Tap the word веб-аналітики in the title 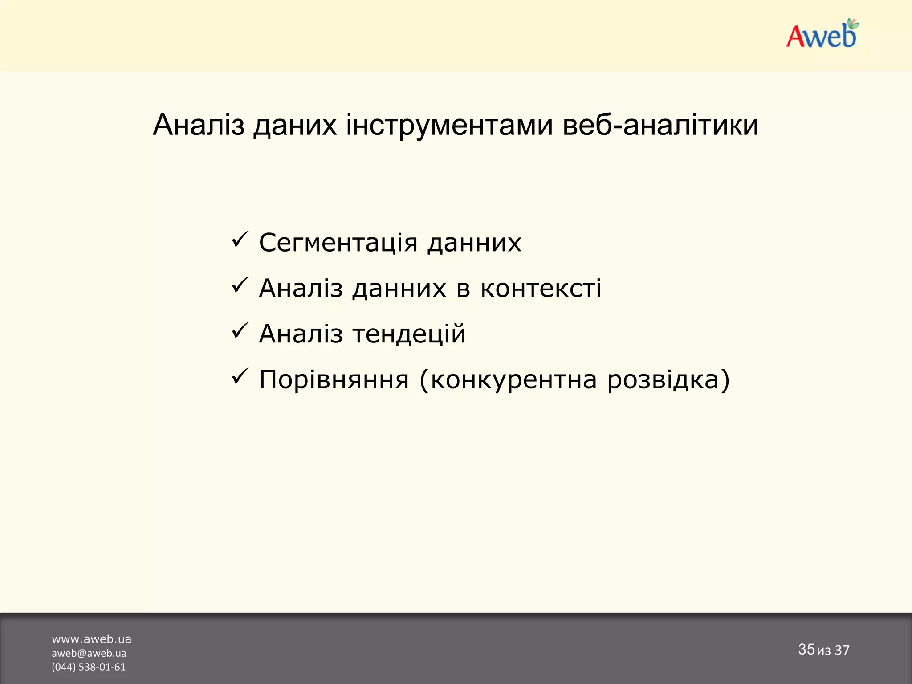pos(660,125)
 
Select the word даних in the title pos(295,125)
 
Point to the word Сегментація pos(338,243)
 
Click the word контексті pos(541,289)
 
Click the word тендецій pos(409,334)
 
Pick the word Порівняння pos(334,380)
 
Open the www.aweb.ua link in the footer pos(91,639)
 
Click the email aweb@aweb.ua pos(89,653)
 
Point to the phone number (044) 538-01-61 pos(89,667)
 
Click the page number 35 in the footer pos(806,649)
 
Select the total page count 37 pos(842,650)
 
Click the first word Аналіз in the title pos(198,125)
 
